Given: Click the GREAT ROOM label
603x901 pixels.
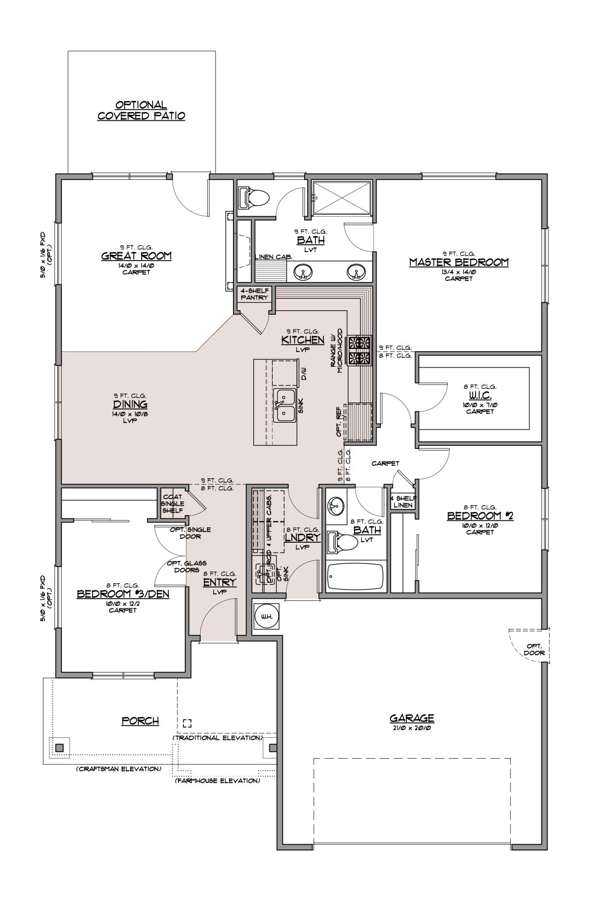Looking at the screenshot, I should point(136,256).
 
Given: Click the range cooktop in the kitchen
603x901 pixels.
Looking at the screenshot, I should point(358,351).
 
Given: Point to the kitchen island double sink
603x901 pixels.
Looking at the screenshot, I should point(284,405).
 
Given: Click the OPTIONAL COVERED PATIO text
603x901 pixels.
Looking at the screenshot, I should point(141,110).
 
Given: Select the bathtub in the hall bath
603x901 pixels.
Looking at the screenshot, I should point(355,576).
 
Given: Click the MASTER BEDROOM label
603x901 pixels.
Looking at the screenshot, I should point(459,262).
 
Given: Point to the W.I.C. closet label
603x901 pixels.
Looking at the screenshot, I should point(480,395).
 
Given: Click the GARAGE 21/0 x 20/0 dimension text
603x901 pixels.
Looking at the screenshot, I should point(411,727).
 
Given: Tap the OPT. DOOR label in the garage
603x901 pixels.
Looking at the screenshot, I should point(535,649).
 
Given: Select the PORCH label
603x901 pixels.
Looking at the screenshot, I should point(140,721).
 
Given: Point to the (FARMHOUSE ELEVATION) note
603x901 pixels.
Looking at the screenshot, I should point(217,780).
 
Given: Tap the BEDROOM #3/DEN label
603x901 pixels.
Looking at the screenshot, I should point(123,594).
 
